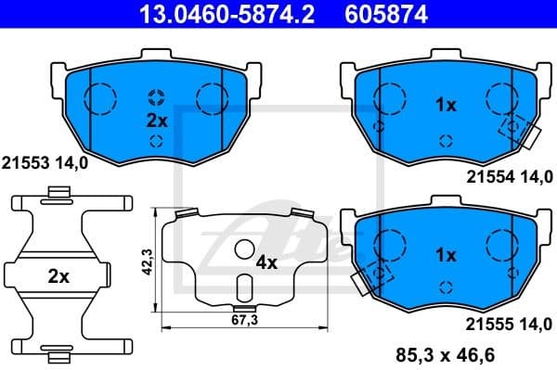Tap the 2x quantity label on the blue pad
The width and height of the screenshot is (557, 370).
(155, 121)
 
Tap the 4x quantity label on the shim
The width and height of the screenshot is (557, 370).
(266, 262)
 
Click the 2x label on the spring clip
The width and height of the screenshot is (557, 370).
(58, 275)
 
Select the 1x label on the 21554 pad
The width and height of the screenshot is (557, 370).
(446, 106)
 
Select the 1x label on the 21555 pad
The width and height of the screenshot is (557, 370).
(446, 252)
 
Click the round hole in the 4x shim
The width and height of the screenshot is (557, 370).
(244, 249)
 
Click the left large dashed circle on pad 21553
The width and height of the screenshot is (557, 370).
(99, 96)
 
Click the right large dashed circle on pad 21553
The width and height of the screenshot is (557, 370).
(212, 96)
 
